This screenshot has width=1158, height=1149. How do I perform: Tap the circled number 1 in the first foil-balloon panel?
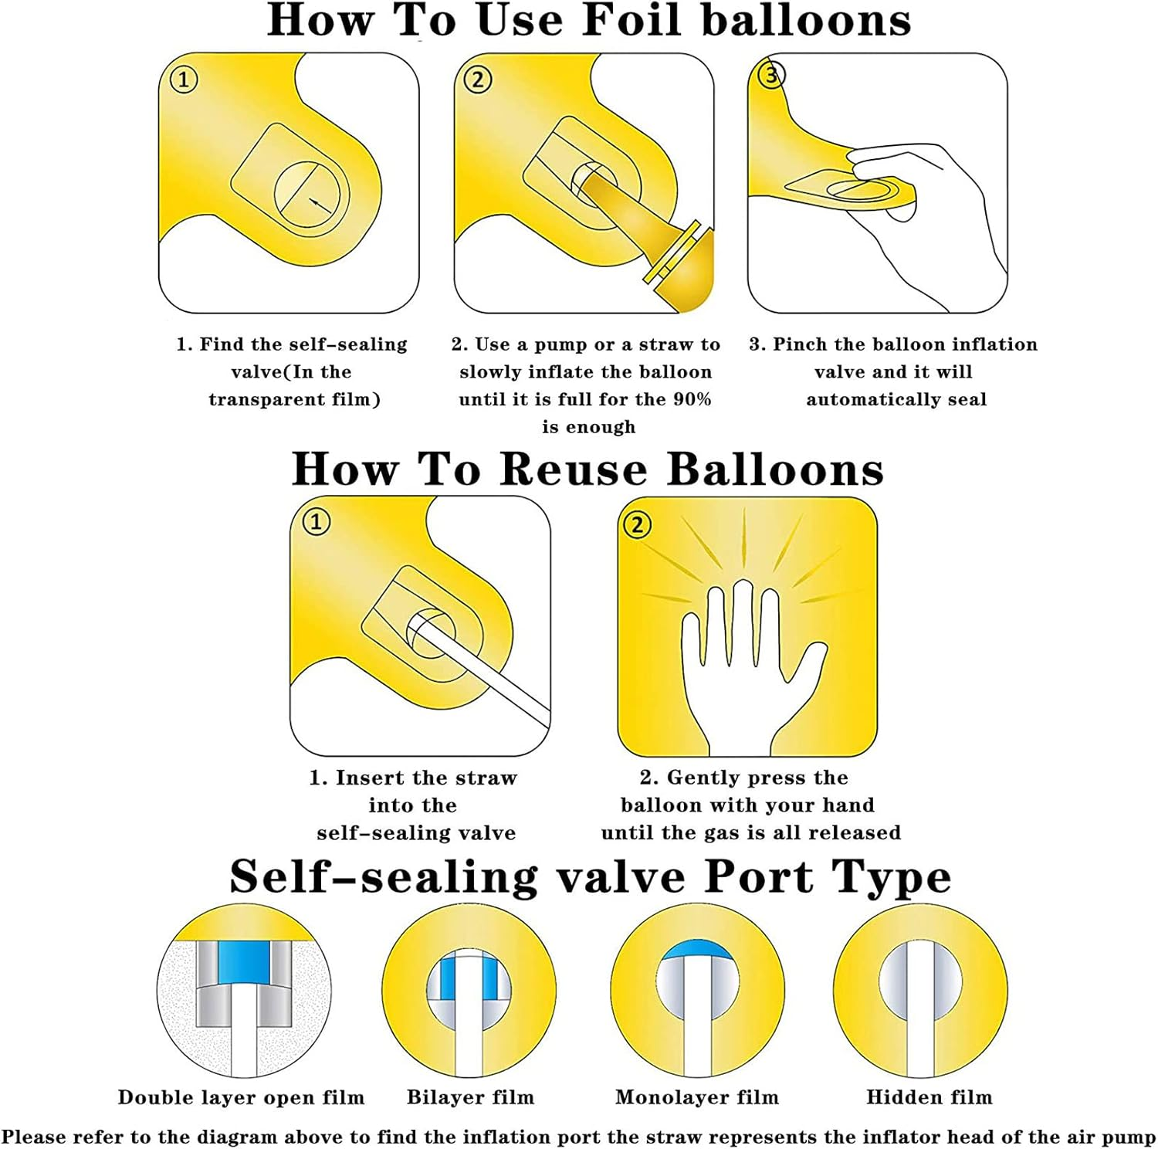[x=184, y=80]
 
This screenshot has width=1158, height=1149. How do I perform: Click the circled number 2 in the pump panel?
[x=478, y=80]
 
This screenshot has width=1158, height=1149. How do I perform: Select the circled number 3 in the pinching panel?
[x=771, y=75]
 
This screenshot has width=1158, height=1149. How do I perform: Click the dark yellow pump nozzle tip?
[x=689, y=274]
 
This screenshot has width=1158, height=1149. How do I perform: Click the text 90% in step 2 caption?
[x=693, y=400]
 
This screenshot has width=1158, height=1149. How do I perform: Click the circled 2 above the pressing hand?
[x=637, y=525]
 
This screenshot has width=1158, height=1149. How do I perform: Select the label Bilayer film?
[x=470, y=1097]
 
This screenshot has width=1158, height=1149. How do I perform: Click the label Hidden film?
[x=929, y=1097]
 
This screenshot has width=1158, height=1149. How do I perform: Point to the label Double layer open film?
[x=241, y=1097]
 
